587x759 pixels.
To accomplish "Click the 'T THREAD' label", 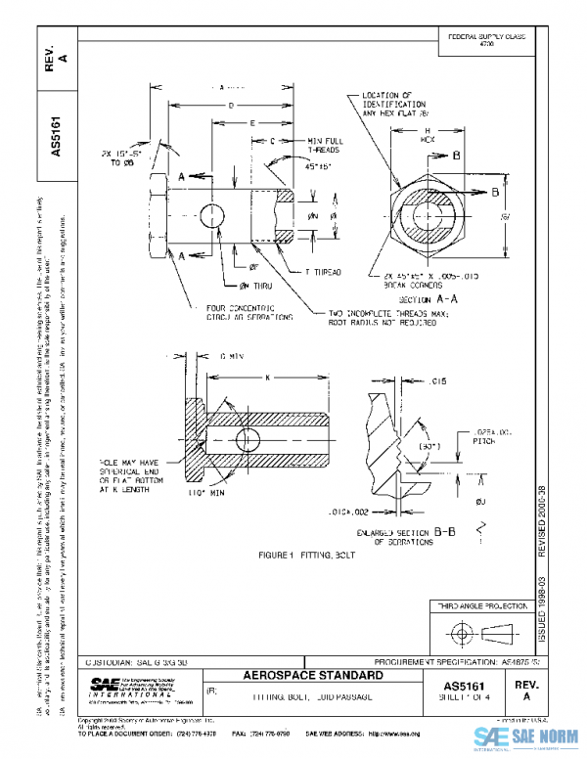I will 322,270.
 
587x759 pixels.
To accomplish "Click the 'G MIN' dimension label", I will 231,355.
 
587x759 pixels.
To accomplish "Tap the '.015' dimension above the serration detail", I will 436,379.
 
